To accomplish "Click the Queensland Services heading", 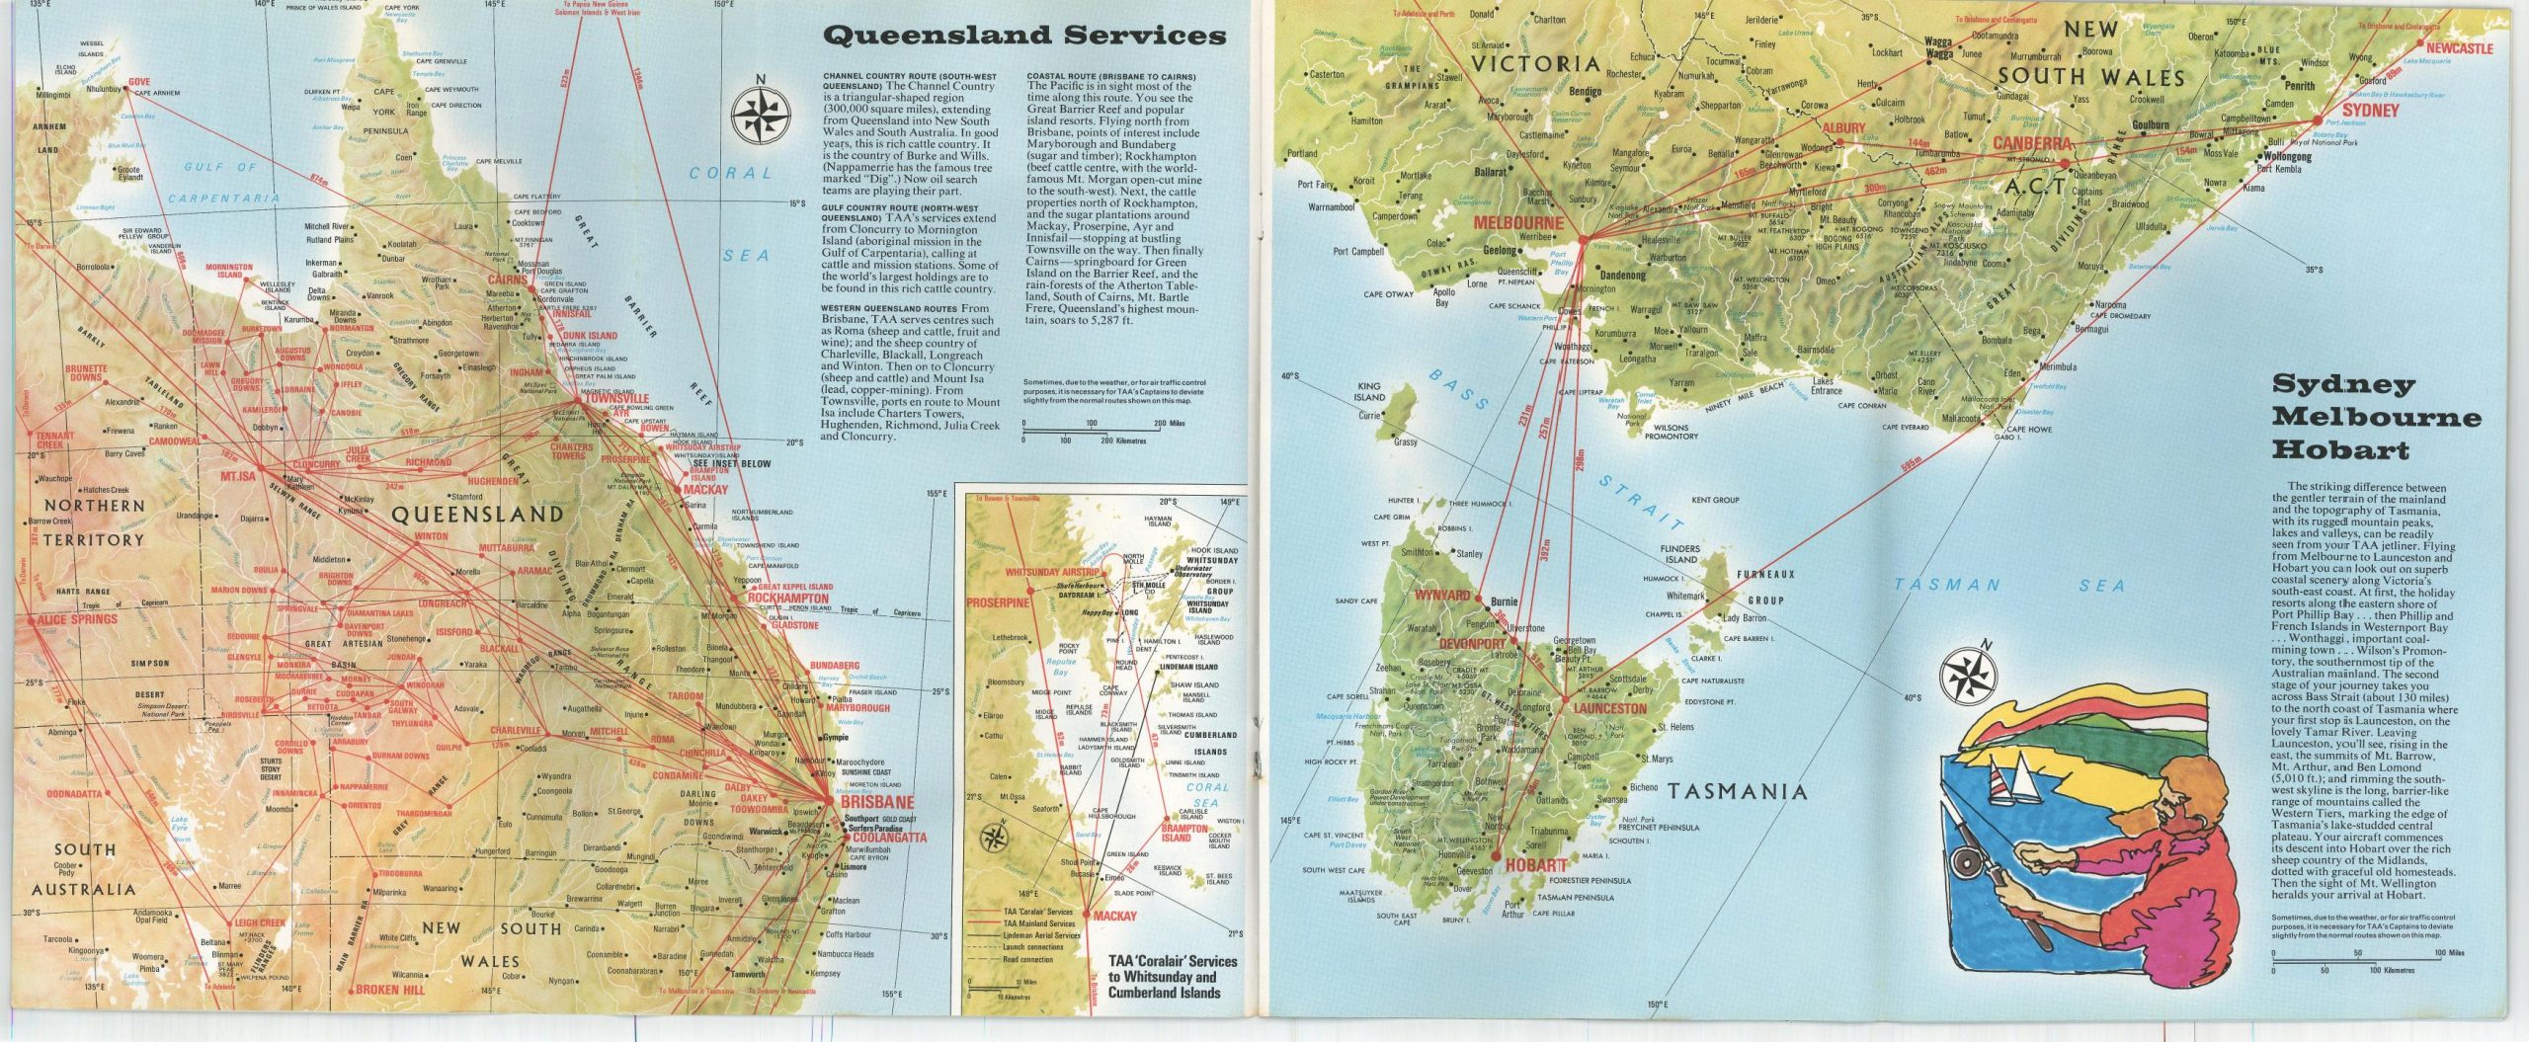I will click(x=1023, y=37).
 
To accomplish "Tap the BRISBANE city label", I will click(x=877, y=803).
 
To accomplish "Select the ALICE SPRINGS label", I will click(x=77, y=620).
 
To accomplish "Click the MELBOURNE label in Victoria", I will click(x=1518, y=223).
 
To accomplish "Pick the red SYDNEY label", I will click(x=2370, y=111).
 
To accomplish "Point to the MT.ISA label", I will click(x=238, y=476).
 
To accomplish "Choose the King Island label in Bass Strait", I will click(x=1370, y=392).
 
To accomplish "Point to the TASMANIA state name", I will click(x=1738, y=791).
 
